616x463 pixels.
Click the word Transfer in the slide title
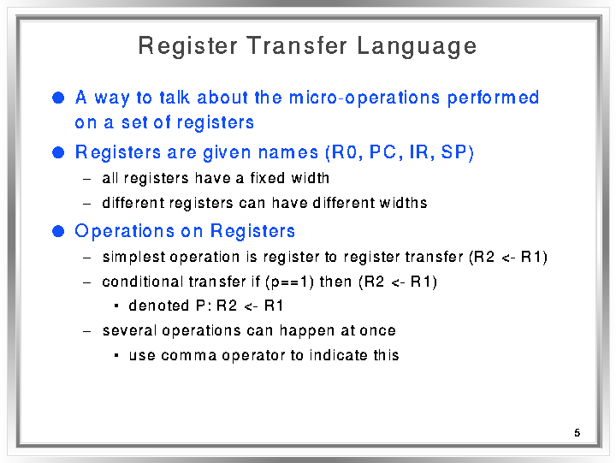click(297, 45)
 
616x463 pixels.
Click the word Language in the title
click(417, 47)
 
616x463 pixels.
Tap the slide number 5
click(577, 433)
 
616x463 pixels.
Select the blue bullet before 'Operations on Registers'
click(58, 231)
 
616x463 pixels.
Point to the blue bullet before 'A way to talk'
click(58, 98)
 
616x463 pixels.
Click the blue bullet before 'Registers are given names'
click(58, 152)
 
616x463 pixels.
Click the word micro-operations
click(364, 98)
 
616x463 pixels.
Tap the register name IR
click(419, 152)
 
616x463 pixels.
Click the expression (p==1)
click(289, 282)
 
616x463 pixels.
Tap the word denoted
click(159, 306)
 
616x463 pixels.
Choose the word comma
click(189, 356)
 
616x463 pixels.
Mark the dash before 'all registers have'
click(86, 179)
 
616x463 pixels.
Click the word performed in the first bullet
click(493, 98)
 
